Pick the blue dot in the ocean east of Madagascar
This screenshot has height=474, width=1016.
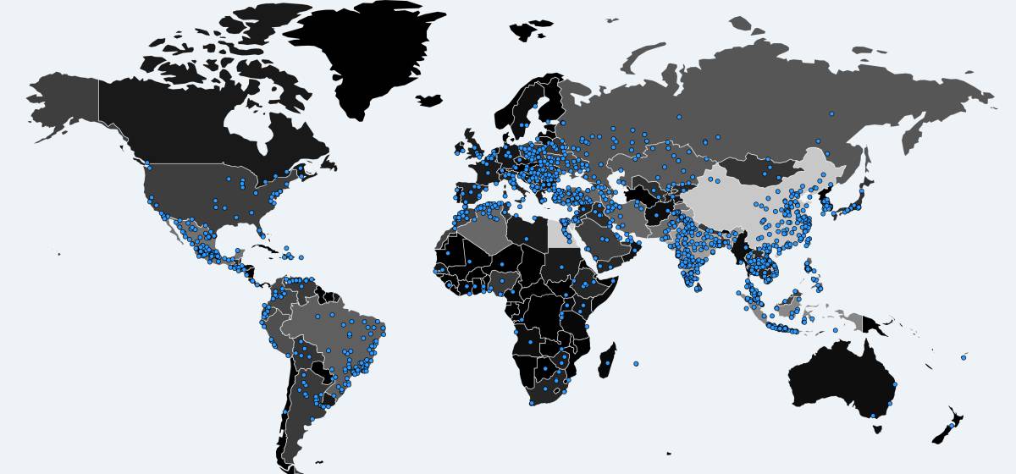[636, 364]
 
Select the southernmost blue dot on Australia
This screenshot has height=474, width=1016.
[872, 415]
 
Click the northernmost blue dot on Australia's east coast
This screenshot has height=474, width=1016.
[895, 384]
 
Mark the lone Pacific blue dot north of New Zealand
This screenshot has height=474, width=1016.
[964, 357]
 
